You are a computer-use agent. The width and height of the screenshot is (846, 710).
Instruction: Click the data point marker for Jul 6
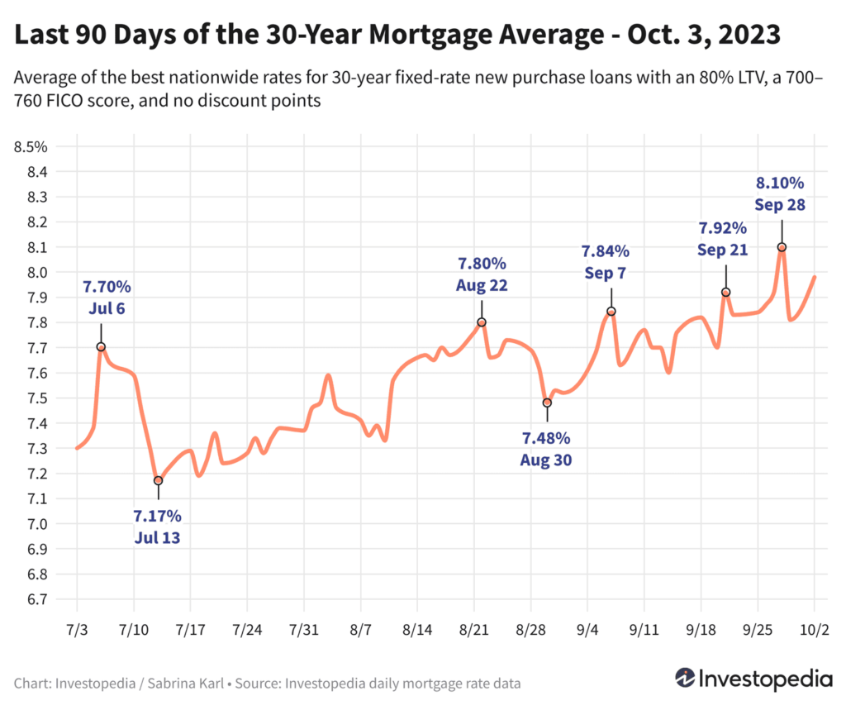101,347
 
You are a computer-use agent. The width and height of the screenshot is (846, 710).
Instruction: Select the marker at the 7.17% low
158,480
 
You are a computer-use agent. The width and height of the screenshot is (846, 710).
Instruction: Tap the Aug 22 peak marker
482,322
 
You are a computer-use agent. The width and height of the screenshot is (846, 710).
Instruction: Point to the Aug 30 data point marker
547,403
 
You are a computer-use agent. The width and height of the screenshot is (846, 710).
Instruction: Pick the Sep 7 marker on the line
611,312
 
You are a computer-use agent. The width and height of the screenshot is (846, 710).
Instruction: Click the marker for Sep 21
726,292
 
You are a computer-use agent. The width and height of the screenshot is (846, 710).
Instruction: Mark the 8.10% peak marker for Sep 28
782,247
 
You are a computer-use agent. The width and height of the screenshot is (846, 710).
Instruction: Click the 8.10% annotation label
781,183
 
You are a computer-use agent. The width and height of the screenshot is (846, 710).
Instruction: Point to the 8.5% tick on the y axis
31,147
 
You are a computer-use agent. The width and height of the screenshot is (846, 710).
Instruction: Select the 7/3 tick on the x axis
77,630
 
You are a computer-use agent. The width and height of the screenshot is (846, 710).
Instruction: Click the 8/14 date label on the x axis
417,630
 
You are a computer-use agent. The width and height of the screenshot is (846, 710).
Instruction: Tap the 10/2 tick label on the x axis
814,630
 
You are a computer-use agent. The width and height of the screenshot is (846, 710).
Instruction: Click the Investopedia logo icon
685,678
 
